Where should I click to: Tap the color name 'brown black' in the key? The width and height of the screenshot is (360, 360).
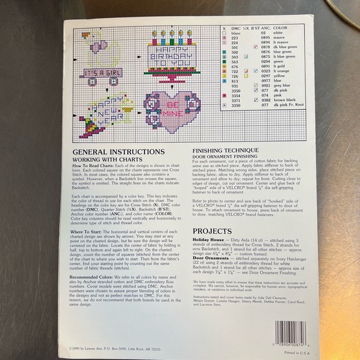286,100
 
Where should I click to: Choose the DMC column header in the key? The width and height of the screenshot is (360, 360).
235,28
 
